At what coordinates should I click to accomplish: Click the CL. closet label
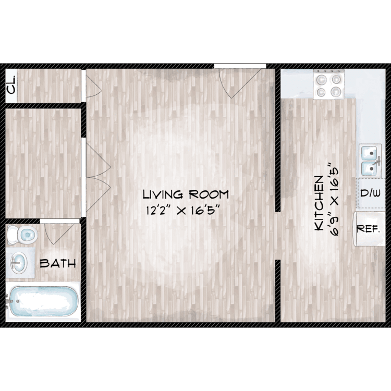(x=11, y=85)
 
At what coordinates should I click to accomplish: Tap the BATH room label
(x=58, y=263)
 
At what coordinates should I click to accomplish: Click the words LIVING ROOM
(x=186, y=194)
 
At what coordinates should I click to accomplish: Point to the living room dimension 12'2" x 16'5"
(x=184, y=211)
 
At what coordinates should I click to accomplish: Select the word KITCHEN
(x=319, y=203)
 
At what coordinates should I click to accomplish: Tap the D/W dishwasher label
(x=370, y=193)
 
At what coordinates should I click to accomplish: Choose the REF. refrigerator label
(x=368, y=229)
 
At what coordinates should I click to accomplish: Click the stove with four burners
(x=328, y=85)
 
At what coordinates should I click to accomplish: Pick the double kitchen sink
(x=370, y=161)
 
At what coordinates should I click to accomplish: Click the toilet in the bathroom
(x=22, y=235)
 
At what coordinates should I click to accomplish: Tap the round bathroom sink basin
(x=19, y=262)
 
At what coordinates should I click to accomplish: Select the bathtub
(x=42, y=302)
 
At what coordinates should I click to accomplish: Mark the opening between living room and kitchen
(x=278, y=236)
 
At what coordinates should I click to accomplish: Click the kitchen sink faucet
(x=377, y=162)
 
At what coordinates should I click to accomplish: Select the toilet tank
(x=11, y=235)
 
